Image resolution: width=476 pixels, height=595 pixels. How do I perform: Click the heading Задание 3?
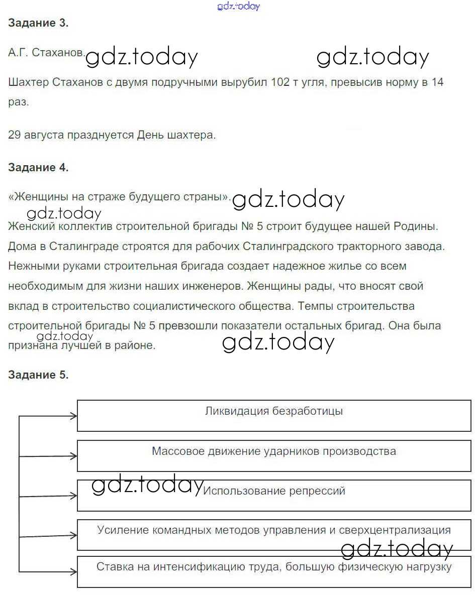click(x=38, y=23)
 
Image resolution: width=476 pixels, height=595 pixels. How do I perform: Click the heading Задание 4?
click(x=38, y=168)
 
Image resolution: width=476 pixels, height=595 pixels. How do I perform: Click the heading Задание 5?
click(x=38, y=375)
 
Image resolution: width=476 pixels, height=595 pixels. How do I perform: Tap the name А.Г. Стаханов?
click(x=47, y=53)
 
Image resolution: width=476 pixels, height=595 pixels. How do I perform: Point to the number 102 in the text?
click(x=280, y=82)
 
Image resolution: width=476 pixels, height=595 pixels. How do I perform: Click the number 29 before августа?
click(x=15, y=135)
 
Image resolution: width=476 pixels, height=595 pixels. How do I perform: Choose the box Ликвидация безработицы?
click(x=274, y=415)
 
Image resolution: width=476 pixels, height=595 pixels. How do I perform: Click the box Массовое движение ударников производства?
click(x=274, y=455)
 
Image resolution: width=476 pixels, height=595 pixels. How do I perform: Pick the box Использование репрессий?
click(x=274, y=495)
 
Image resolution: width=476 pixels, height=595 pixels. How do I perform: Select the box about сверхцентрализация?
click(x=274, y=534)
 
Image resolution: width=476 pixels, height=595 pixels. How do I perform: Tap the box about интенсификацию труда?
click(x=274, y=571)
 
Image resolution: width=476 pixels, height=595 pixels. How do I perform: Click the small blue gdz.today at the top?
click(x=238, y=7)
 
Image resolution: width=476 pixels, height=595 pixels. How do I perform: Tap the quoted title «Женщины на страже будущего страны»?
click(x=119, y=197)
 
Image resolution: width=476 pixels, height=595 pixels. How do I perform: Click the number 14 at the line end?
click(x=437, y=82)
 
